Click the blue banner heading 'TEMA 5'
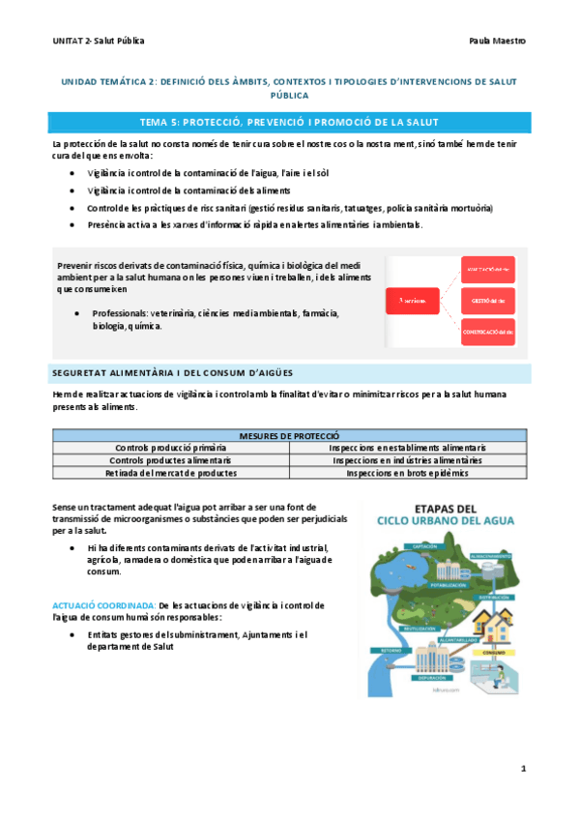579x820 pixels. point(289,122)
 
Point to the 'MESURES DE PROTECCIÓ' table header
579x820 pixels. point(289,436)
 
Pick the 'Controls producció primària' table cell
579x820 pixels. point(170,449)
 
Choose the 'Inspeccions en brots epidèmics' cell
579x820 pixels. point(407,474)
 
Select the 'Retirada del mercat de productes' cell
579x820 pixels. point(170,474)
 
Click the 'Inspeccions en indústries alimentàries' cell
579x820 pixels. point(407,461)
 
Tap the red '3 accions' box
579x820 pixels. point(414,301)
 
